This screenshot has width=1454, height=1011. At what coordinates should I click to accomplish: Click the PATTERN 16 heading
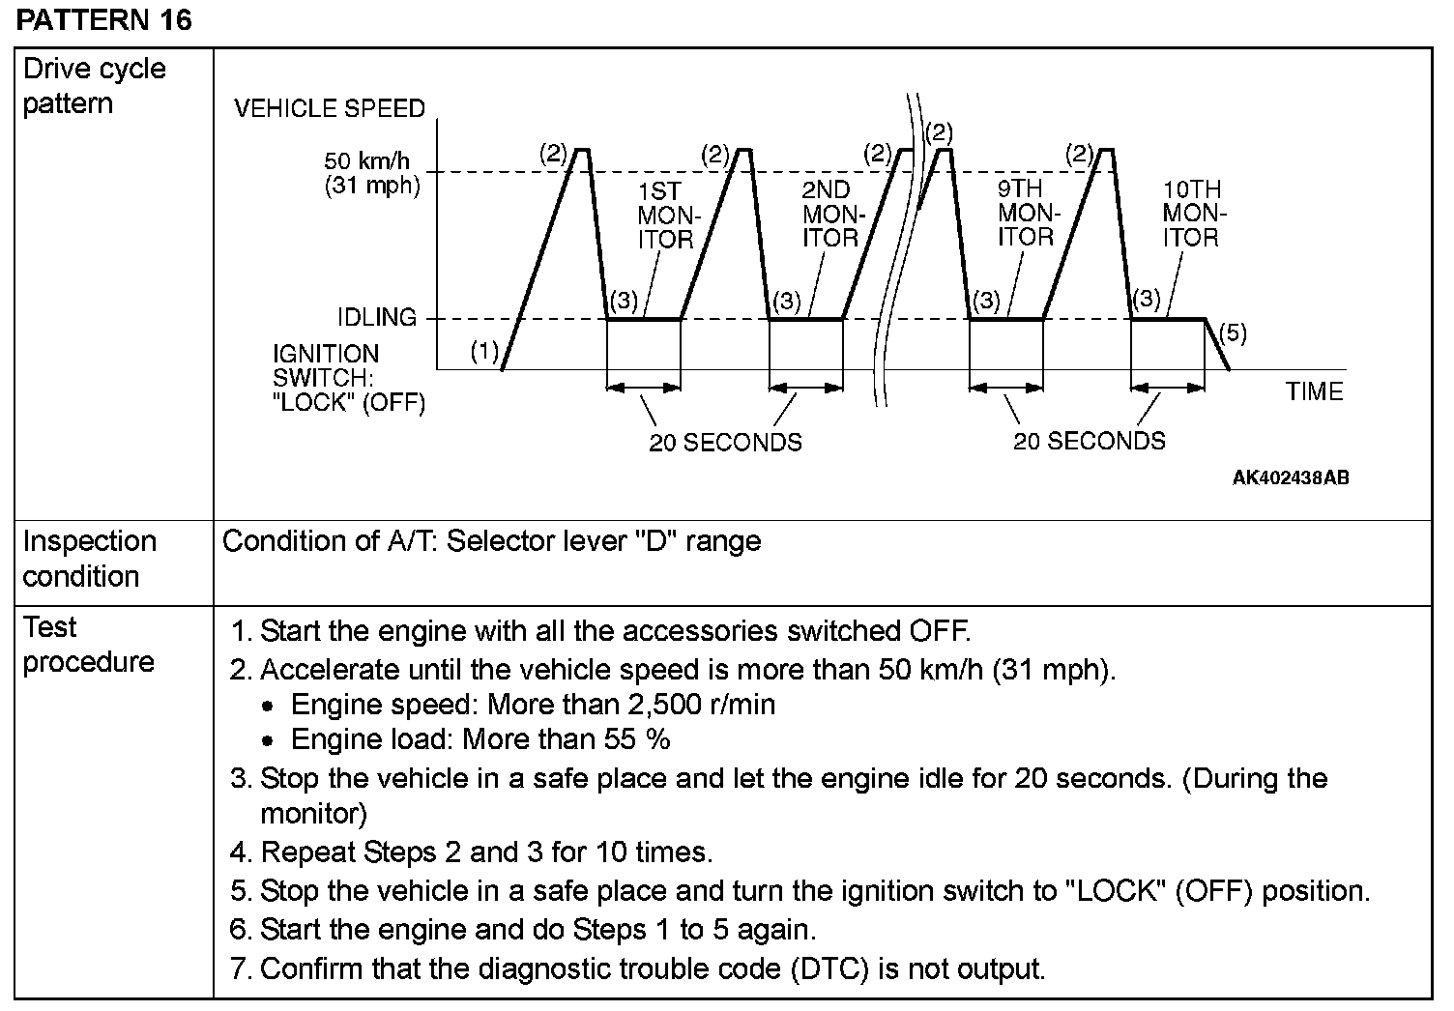click(104, 20)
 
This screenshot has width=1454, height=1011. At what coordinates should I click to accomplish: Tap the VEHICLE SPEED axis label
click(330, 108)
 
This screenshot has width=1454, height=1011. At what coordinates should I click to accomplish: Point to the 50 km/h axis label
click(366, 161)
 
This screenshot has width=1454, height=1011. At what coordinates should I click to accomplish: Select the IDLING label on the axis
click(377, 317)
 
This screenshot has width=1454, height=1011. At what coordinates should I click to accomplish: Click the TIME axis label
click(1314, 391)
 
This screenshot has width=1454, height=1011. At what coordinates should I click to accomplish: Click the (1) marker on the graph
click(484, 351)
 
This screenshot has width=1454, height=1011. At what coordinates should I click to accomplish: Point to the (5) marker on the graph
click(1233, 333)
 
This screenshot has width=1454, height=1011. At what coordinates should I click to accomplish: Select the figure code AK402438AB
click(1291, 478)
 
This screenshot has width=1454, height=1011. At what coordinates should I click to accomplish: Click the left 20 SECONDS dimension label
click(725, 443)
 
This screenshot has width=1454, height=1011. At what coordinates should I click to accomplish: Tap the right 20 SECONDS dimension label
click(1090, 442)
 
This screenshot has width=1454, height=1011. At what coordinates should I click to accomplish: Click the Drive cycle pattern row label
click(94, 86)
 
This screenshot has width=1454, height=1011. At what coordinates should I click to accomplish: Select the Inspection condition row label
click(89, 559)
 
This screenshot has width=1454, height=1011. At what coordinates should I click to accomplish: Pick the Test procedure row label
click(88, 645)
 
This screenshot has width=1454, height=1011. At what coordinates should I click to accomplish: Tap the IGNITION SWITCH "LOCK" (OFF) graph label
click(349, 378)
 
